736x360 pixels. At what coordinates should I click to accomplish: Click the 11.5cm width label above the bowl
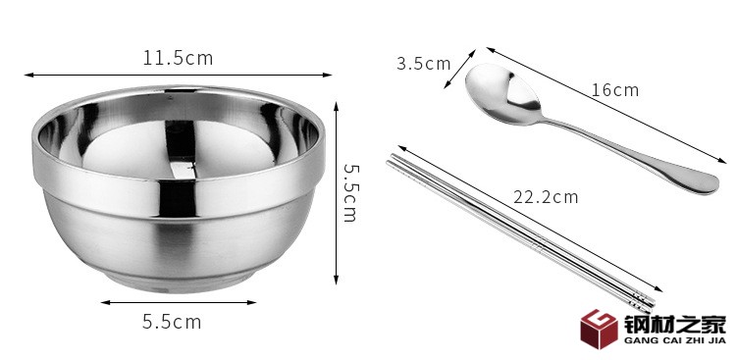[x=178, y=58]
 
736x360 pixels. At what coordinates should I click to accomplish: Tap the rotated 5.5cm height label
[x=350, y=192]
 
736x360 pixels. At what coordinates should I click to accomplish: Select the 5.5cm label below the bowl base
[x=172, y=322]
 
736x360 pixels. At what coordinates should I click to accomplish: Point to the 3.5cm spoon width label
[x=423, y=64]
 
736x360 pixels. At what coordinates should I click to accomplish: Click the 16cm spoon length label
[x=615, y=89]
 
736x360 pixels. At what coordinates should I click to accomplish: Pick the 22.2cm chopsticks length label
[x=546, y=196]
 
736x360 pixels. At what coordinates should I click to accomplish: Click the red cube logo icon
[x=599, y=329]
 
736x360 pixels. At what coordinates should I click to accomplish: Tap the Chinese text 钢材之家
[x=675, y=325]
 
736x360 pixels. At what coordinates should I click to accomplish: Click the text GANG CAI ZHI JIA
[x=675, y=340]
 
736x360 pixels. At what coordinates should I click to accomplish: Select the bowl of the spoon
[x=503, y=94]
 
